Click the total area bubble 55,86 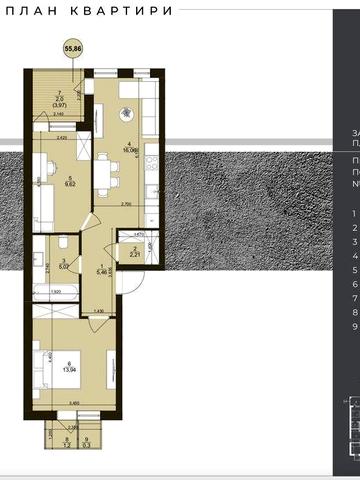coord(73,46)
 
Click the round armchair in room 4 coord(124,112)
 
